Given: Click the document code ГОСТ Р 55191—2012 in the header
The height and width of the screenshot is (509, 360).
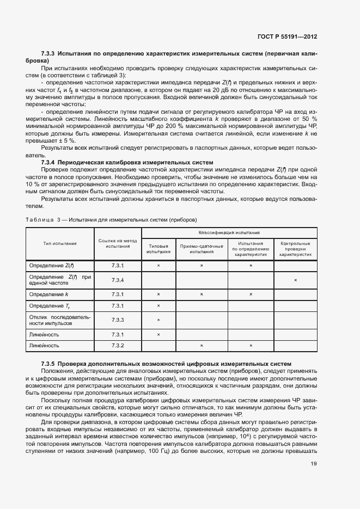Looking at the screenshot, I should [x=287, y=36].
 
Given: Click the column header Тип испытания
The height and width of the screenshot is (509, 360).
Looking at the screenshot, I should [x=60, y=243].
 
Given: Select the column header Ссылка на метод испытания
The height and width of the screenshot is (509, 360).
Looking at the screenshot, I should [x=118, y=243].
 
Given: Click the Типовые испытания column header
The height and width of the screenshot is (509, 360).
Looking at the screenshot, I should [x=158, y=249].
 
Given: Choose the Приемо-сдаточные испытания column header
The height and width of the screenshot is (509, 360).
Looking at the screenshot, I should [x=202, y=249].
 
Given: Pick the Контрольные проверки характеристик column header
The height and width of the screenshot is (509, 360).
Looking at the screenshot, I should [x=295, y=249].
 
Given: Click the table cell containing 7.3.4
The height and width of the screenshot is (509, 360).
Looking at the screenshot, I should [x=118, y=280].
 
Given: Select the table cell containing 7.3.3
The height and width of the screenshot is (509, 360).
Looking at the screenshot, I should [x=118, y=320].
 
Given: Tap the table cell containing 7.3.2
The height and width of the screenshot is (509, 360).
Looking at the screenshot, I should [x=118, y=346].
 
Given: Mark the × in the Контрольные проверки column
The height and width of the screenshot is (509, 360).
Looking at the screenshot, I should [x=295, y=280].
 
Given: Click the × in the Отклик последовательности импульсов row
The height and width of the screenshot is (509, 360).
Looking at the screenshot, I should [x=158, y=320].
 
